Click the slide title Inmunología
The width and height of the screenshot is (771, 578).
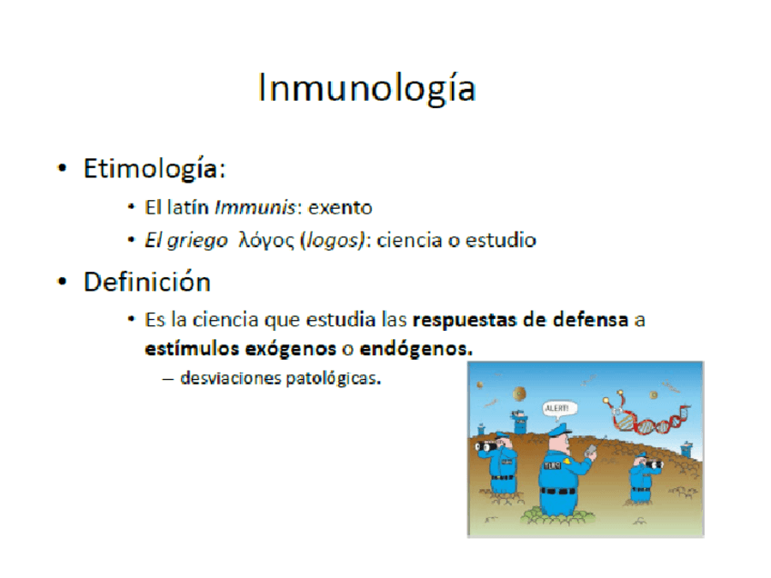pyautogui.click(x=366, y=88)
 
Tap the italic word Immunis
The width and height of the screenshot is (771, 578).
pyautogui.click(x=255, y=207)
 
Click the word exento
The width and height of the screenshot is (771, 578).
pyautogui.click(x=340, y=208)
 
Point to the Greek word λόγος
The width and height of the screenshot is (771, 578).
pyautogui.click(x=266, y=241)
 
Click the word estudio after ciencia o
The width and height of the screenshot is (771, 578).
pyautogui.click(x=501, y=240)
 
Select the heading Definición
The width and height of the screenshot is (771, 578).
pyautogui.click(x=147, y=282)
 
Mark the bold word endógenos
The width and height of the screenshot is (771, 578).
pyautogui.click(x=416, y=349)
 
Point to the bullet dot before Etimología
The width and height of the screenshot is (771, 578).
pyautogui.click(x=62, y=169)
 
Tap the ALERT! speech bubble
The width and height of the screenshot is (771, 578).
pyautogui.click(x=557, y=409)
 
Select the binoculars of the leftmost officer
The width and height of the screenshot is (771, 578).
pyautogui.click(x=486, y=446)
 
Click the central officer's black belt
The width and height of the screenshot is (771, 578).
pyautogui.click(x=557, y=491)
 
